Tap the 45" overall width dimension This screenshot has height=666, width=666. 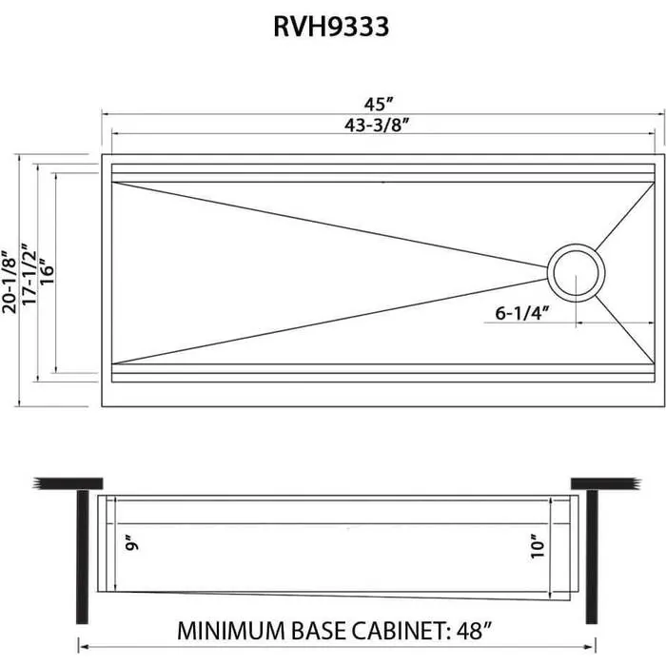coord(383,102)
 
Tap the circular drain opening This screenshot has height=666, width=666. coord(577,273)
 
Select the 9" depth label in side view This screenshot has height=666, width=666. coord(132,544)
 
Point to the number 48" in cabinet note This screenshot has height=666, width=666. coord(473,630)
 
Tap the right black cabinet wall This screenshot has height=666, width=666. coord(591,552)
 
